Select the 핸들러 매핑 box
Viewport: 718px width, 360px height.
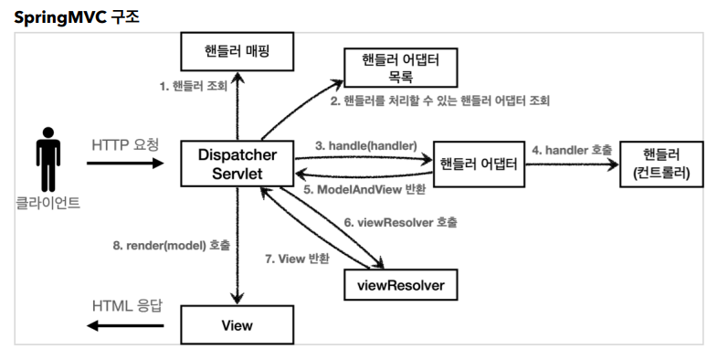point(238,53)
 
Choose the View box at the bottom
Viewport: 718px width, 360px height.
point(238,324)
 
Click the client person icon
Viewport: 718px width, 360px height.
point(48,164)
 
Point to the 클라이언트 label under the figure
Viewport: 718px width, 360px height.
point(48,203)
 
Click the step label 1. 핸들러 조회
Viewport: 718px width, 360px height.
point(192,87)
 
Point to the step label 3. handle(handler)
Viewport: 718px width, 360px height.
point(365,145)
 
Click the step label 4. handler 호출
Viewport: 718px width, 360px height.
point(572,148)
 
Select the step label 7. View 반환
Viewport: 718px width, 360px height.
point(297,259)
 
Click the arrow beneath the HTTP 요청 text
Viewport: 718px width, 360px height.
point(125,164)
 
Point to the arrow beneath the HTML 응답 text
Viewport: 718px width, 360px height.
point(125,325)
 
